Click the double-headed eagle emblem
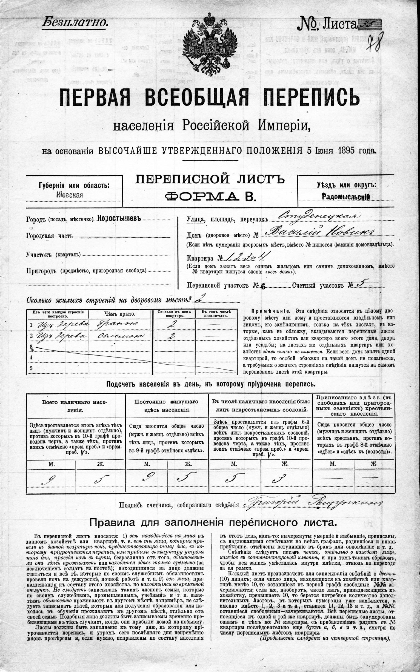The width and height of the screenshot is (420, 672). pos(210,44)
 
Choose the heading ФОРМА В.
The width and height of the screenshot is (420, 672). pos(210,197)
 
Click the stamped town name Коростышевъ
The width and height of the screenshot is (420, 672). pos(119,219)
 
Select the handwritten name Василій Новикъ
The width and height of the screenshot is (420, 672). pos(319,233)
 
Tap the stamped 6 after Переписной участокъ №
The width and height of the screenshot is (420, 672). pos(263,287)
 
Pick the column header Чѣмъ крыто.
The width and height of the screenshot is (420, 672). pos(120,314)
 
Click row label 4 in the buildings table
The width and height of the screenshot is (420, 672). pos(31,358)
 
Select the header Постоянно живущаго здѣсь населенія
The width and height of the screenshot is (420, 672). pos(166,405)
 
